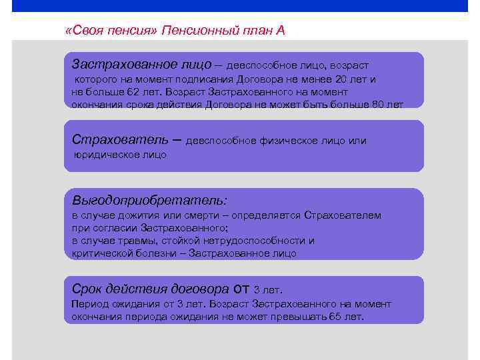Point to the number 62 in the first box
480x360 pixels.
click(x=133, y=91)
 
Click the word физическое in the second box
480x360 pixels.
click(x=298, y=141)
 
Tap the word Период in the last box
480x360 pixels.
click(x=89, y=304)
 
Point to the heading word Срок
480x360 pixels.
click(x=86, y=289)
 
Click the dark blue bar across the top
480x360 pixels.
click(x=240, y=6)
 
